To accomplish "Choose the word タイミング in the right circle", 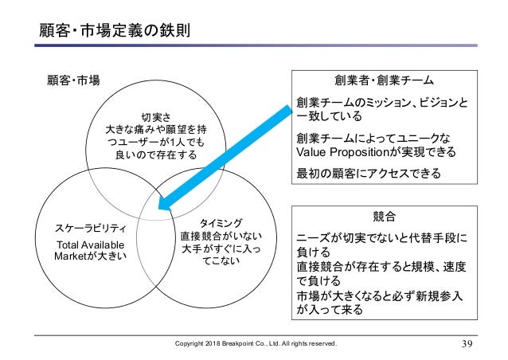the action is click(x=218, y=221).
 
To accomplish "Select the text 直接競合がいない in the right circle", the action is click(x=221, y=235).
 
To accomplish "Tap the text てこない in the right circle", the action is click(x=219, y=264).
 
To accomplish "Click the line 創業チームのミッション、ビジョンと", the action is click(x=382, y=103).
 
